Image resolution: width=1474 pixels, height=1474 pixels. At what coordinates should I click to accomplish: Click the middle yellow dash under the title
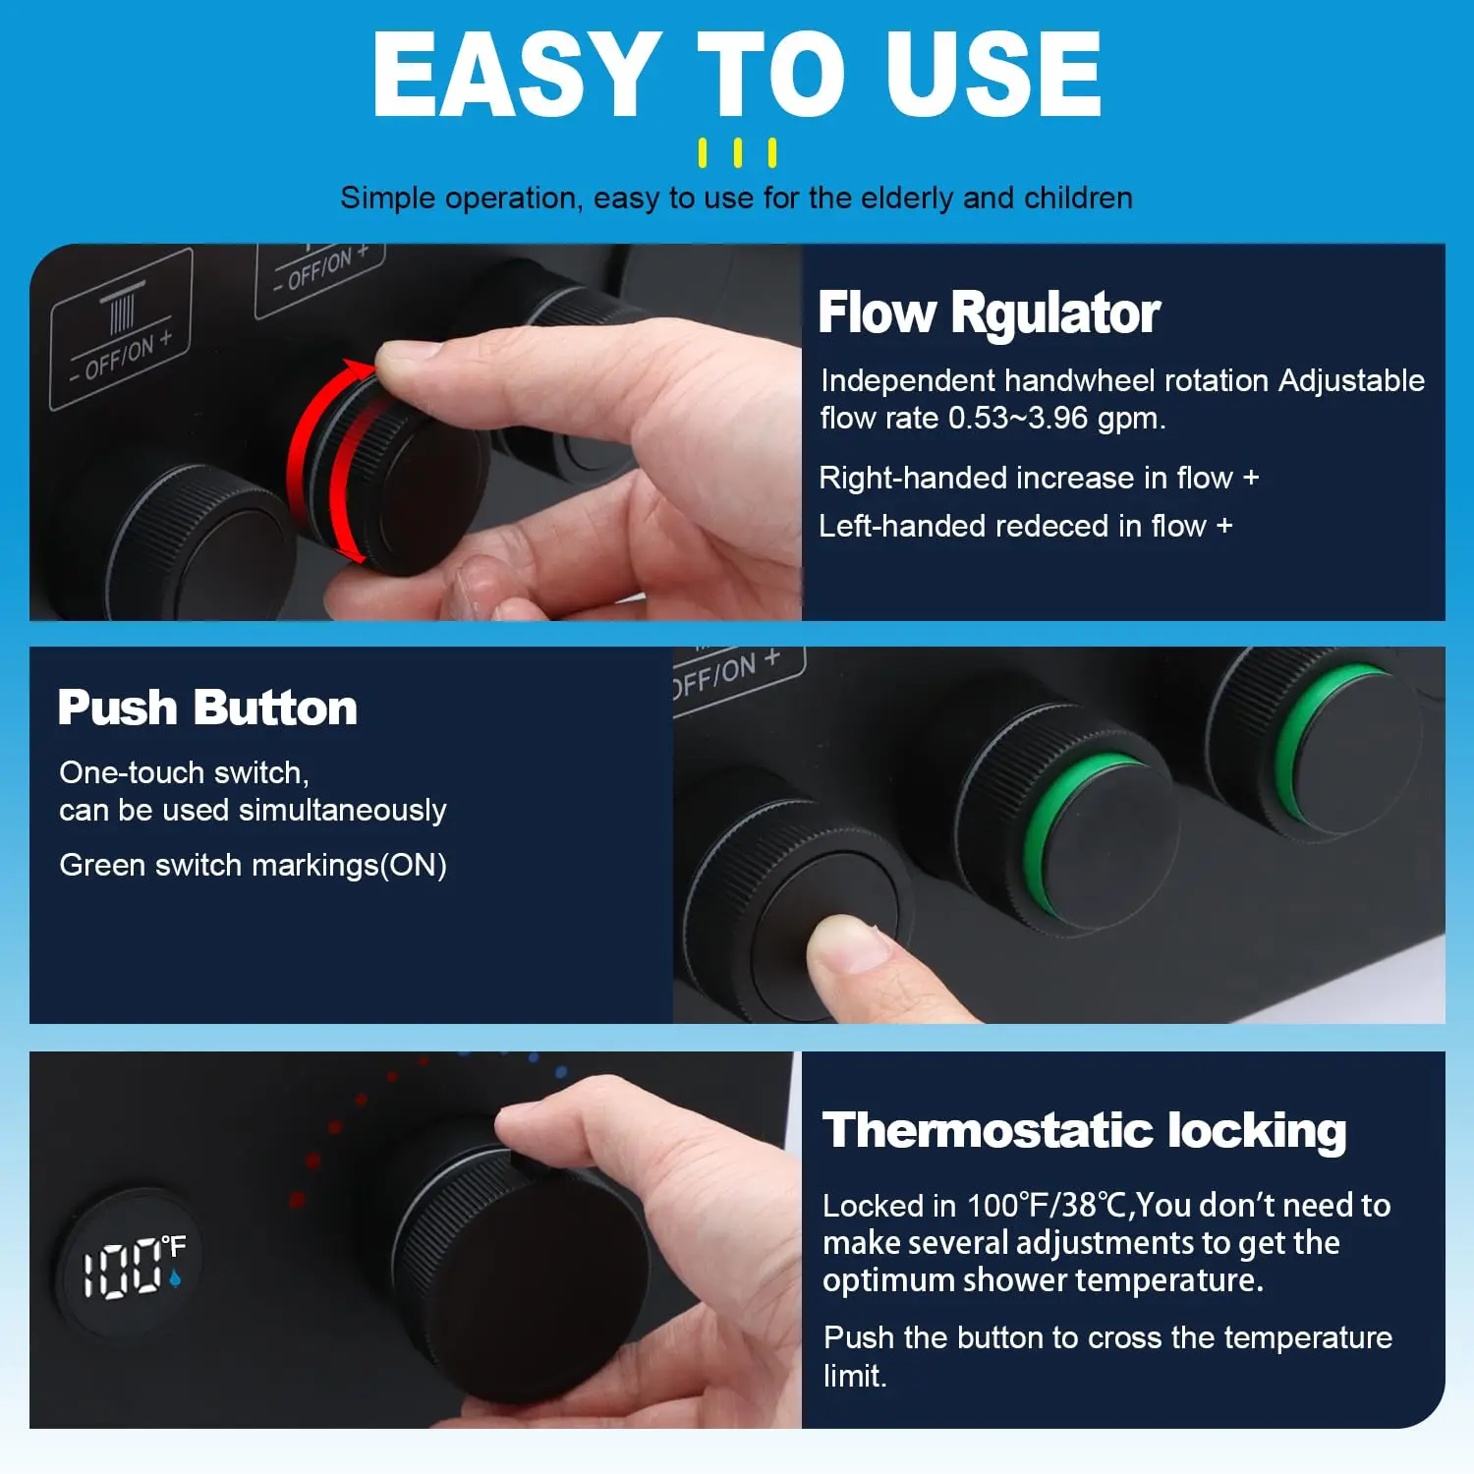pyautogui.click(x=737, y=153)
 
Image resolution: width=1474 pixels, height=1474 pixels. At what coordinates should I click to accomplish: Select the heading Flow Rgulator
pyautogui.click(x=990, y=313)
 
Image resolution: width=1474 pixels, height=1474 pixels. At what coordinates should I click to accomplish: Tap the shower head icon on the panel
pyautogui.click(x=122, y=306)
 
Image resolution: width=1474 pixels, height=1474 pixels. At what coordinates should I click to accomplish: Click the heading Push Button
pyautogui.click(x=207, y=708)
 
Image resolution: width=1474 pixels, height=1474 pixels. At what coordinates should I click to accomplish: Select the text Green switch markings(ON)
pyautogui.click(x=253, y=865)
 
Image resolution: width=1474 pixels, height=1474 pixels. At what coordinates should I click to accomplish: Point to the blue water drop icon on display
pyautogui.click(x=175, y=1278)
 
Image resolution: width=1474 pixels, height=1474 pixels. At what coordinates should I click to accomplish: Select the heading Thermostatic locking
pyautogui.click(x=1084, y=1130)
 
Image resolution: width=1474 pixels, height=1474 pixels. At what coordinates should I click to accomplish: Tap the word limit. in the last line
pyautogui.click(x=855, y=1376)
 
